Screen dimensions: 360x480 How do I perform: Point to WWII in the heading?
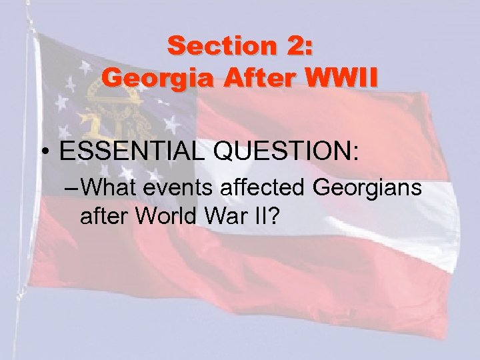coord(340,78)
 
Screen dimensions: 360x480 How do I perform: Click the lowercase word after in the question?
coord(102,216)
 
